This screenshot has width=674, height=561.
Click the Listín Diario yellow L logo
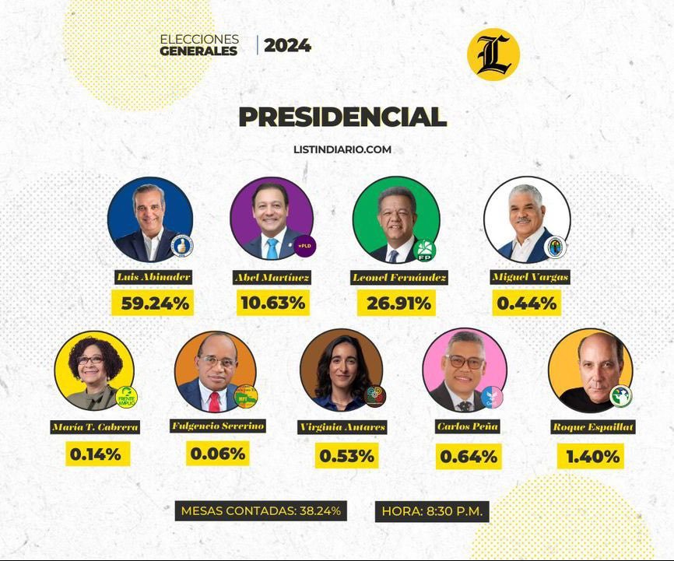click(493, 54)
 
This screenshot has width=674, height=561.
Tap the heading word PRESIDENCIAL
click(342, 117)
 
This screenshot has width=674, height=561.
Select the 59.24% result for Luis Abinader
click(153, 303)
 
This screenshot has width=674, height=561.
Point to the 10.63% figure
click(272, 303)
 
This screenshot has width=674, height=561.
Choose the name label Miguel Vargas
click(530, 277)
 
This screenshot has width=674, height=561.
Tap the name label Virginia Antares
click(342, 427)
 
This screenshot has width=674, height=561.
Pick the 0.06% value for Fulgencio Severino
click(218, 453)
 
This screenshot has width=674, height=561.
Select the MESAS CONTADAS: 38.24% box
click(260, 511)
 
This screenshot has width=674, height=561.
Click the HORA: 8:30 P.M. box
click(432, 511)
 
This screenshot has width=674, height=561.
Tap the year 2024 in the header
click(287, 45)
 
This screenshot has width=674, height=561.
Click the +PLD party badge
click(304, 245)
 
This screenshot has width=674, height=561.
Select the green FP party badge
click(425, 250)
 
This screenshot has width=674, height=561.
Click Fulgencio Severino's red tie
click(214, 401)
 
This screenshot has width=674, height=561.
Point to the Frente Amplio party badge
click(125, 397)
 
